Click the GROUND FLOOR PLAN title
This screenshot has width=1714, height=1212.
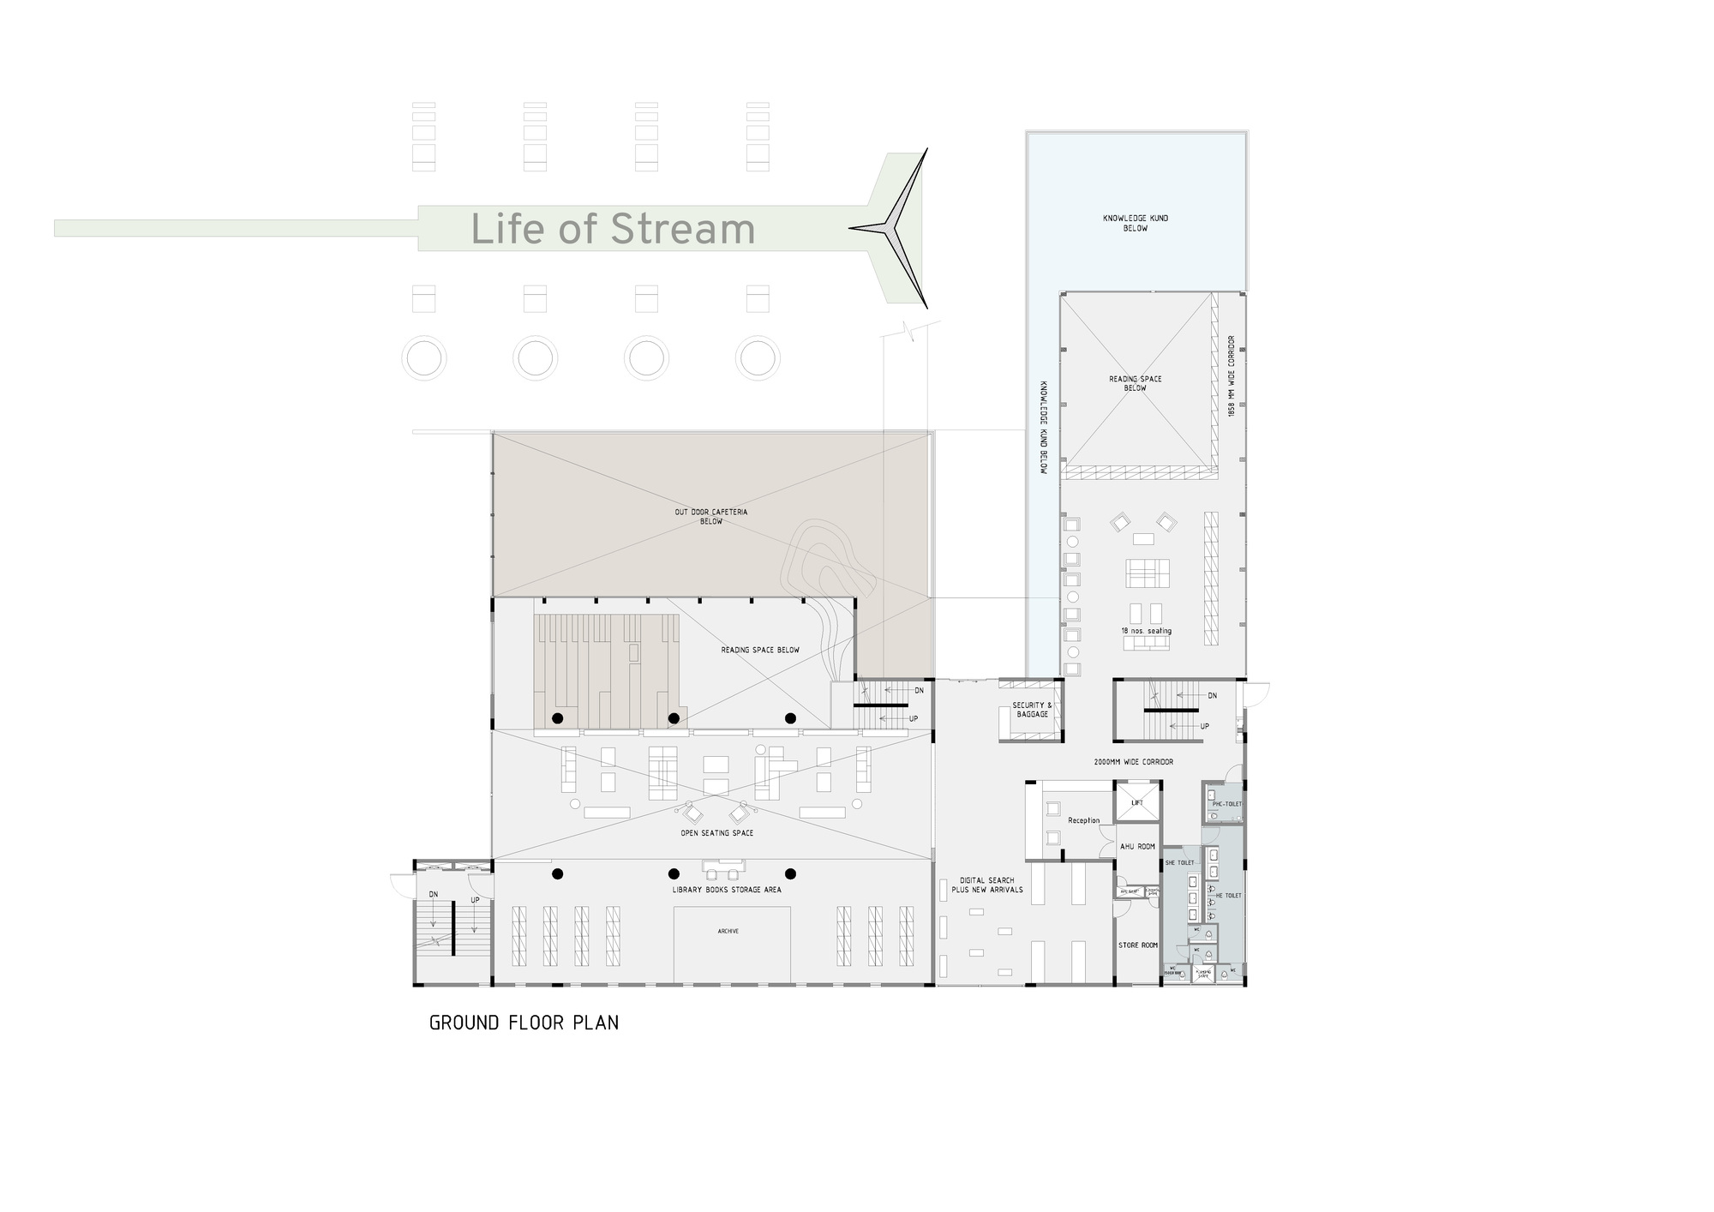(x=524, y=1023)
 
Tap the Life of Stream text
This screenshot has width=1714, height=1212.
(x=613, y=229)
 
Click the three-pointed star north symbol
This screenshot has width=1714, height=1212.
(x=896, y=228)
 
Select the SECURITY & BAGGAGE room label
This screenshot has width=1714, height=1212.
(x=1032, y=710)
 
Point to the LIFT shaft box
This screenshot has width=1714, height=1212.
(x=1137, y=802)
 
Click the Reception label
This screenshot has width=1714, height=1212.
(x=1083, y=820)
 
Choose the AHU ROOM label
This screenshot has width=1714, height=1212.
(x=1137, y=847)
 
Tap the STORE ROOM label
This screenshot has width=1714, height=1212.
(x=1137, y=945)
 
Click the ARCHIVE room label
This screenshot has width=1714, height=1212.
(x=728, y=931)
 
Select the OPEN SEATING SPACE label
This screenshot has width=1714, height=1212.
(x=716, y=833)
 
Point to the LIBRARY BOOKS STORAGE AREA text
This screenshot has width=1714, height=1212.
(x=727, y=890)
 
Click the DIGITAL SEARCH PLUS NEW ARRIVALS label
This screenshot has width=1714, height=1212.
(x=986, y=885)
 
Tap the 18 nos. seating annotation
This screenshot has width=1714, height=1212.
(x=1146, y=631)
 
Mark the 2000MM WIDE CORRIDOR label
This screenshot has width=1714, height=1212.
(x=1134, y=761)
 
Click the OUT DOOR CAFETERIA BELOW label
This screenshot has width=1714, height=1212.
(x=710, y=517)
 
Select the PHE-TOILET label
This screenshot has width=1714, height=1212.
(x=1226, y=804)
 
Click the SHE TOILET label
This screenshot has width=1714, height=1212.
(x=1179, y=862)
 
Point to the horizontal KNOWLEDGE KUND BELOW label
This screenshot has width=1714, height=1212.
(x=1135, y=223)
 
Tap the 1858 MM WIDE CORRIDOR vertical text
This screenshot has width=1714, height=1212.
(x=1232, y=375)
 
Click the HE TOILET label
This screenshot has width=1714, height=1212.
(x=1228, y=896)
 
